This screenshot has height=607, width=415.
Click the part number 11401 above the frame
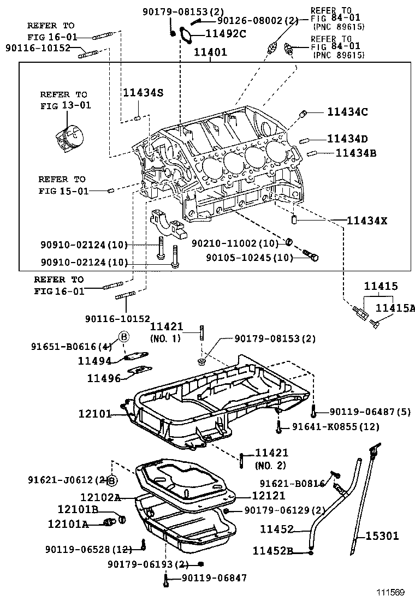tap(210, 53)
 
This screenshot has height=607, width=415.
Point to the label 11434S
tap(143, 93)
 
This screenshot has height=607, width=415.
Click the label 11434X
tap(367, 221)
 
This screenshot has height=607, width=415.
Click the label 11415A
tap(395, 308)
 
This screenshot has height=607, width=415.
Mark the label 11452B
tap(272, 551)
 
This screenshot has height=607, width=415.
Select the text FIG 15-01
tap(62, 191)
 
